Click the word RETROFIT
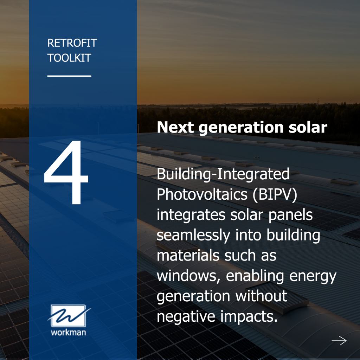pos(72,43)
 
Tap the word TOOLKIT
pos(69,58)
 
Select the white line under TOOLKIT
pos(69,76)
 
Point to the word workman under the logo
pos(69,332)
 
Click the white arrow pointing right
pos(339,340)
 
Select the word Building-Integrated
pos(223,175)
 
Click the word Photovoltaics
pos(201,194)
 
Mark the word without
pos(261,296)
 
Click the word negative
pos(186,317)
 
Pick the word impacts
pos(249,317)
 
